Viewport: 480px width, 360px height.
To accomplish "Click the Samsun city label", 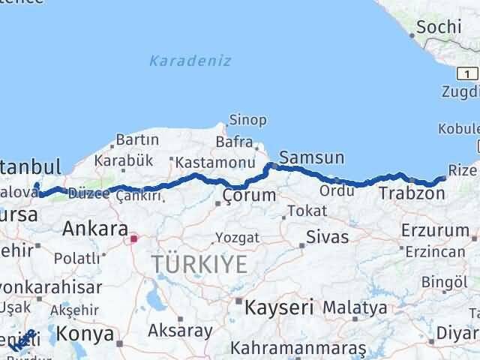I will (x=311, y=157).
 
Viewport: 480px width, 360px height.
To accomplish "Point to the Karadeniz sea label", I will (x=190, y=60).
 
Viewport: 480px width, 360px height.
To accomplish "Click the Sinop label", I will (x=247, y=120).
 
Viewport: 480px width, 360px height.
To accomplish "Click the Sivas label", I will (x=327, y=237).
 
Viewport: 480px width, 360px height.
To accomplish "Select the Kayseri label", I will (x=273, y=307).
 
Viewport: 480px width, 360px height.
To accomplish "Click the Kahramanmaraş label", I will (x=298, y=349).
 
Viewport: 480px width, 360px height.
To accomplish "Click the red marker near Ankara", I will (x=134, y=239).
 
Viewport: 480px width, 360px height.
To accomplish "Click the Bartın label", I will (x=136, y=139).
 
